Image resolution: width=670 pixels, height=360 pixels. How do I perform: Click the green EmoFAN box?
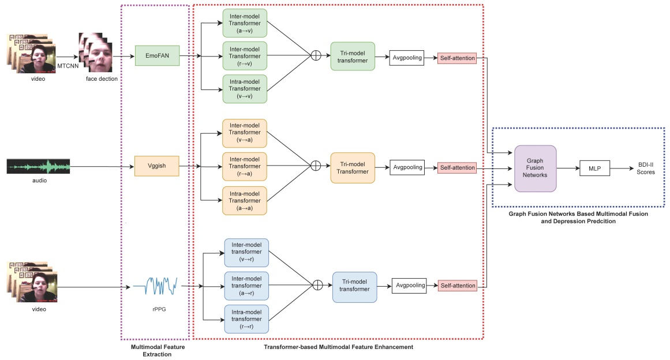pos(157,56)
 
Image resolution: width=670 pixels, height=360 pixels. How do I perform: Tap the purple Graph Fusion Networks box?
pos(535,168)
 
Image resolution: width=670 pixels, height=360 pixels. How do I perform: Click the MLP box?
pos(594,168)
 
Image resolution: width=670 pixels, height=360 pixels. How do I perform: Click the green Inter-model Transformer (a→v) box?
pos(245,22)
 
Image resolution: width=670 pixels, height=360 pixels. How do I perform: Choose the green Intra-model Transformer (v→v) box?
pos(245,89)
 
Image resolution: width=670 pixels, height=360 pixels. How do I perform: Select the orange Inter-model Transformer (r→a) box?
pos(245,167)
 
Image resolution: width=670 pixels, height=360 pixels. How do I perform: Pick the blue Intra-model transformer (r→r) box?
pos(246,319)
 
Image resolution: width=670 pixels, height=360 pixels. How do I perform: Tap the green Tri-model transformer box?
pos(353,56)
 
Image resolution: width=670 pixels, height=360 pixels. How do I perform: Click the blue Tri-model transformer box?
pos(354,287)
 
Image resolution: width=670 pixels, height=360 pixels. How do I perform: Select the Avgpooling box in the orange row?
pos(407,168)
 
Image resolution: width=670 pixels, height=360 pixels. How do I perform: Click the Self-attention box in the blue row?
pos(458,286)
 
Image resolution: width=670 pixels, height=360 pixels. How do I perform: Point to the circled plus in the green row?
pos(316,56)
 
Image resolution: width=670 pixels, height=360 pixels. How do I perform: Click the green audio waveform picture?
pos(39,167)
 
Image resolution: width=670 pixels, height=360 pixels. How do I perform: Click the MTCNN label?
pos(67,66)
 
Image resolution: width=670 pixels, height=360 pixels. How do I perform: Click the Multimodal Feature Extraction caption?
pos(155,351)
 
